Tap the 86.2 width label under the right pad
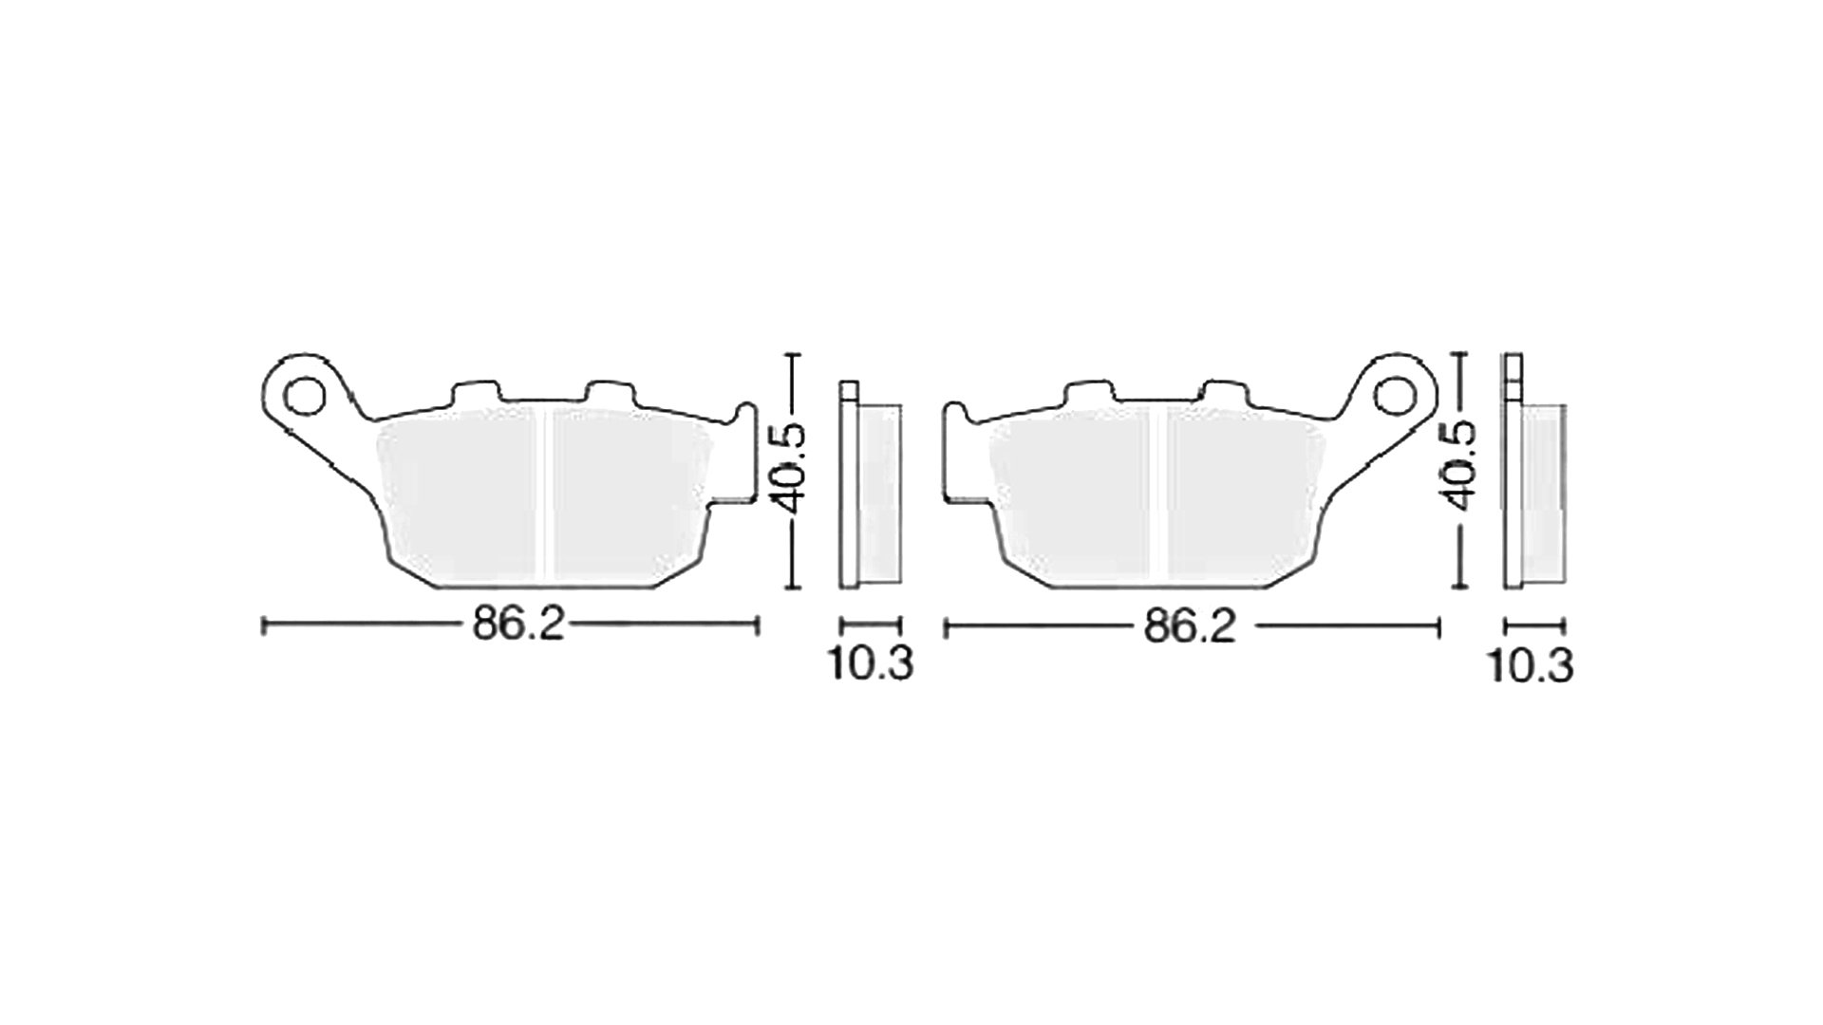coord(1189,625)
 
